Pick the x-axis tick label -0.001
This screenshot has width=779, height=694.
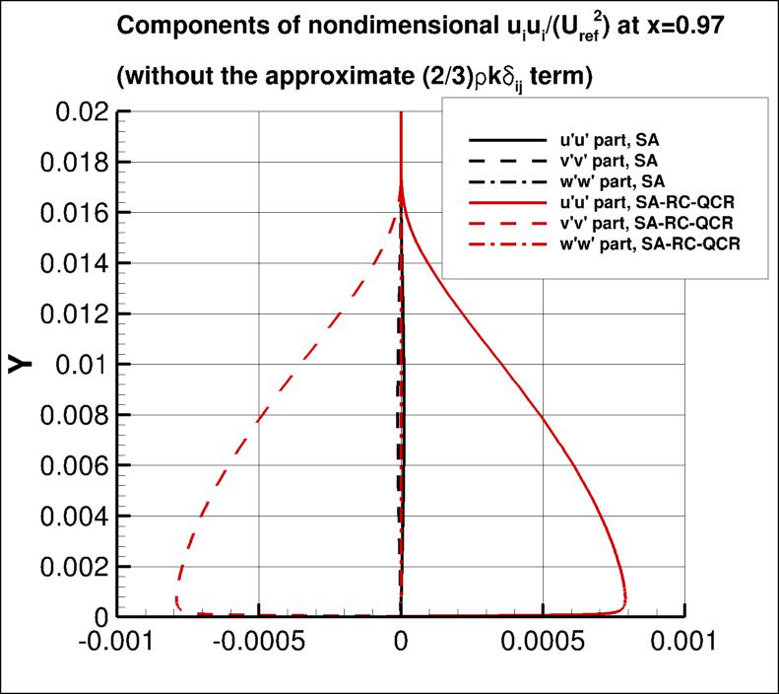point(116,643)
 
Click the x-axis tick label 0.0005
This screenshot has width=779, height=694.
point(542,643)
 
